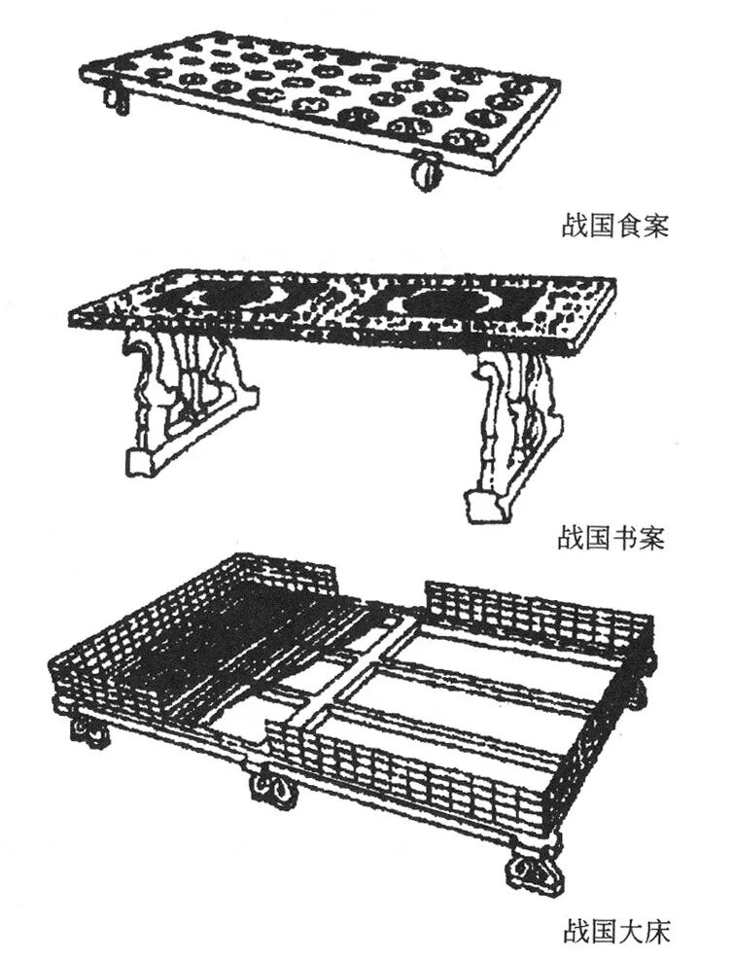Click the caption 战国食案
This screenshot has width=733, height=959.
[x=615, y=227]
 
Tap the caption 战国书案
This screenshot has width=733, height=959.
[x=611, y=540]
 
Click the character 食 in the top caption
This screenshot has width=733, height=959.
[x=628, y=227]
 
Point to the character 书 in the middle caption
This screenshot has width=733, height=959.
[x=624, y=540]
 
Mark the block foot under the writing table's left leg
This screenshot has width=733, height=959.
[x=142, y=462]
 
